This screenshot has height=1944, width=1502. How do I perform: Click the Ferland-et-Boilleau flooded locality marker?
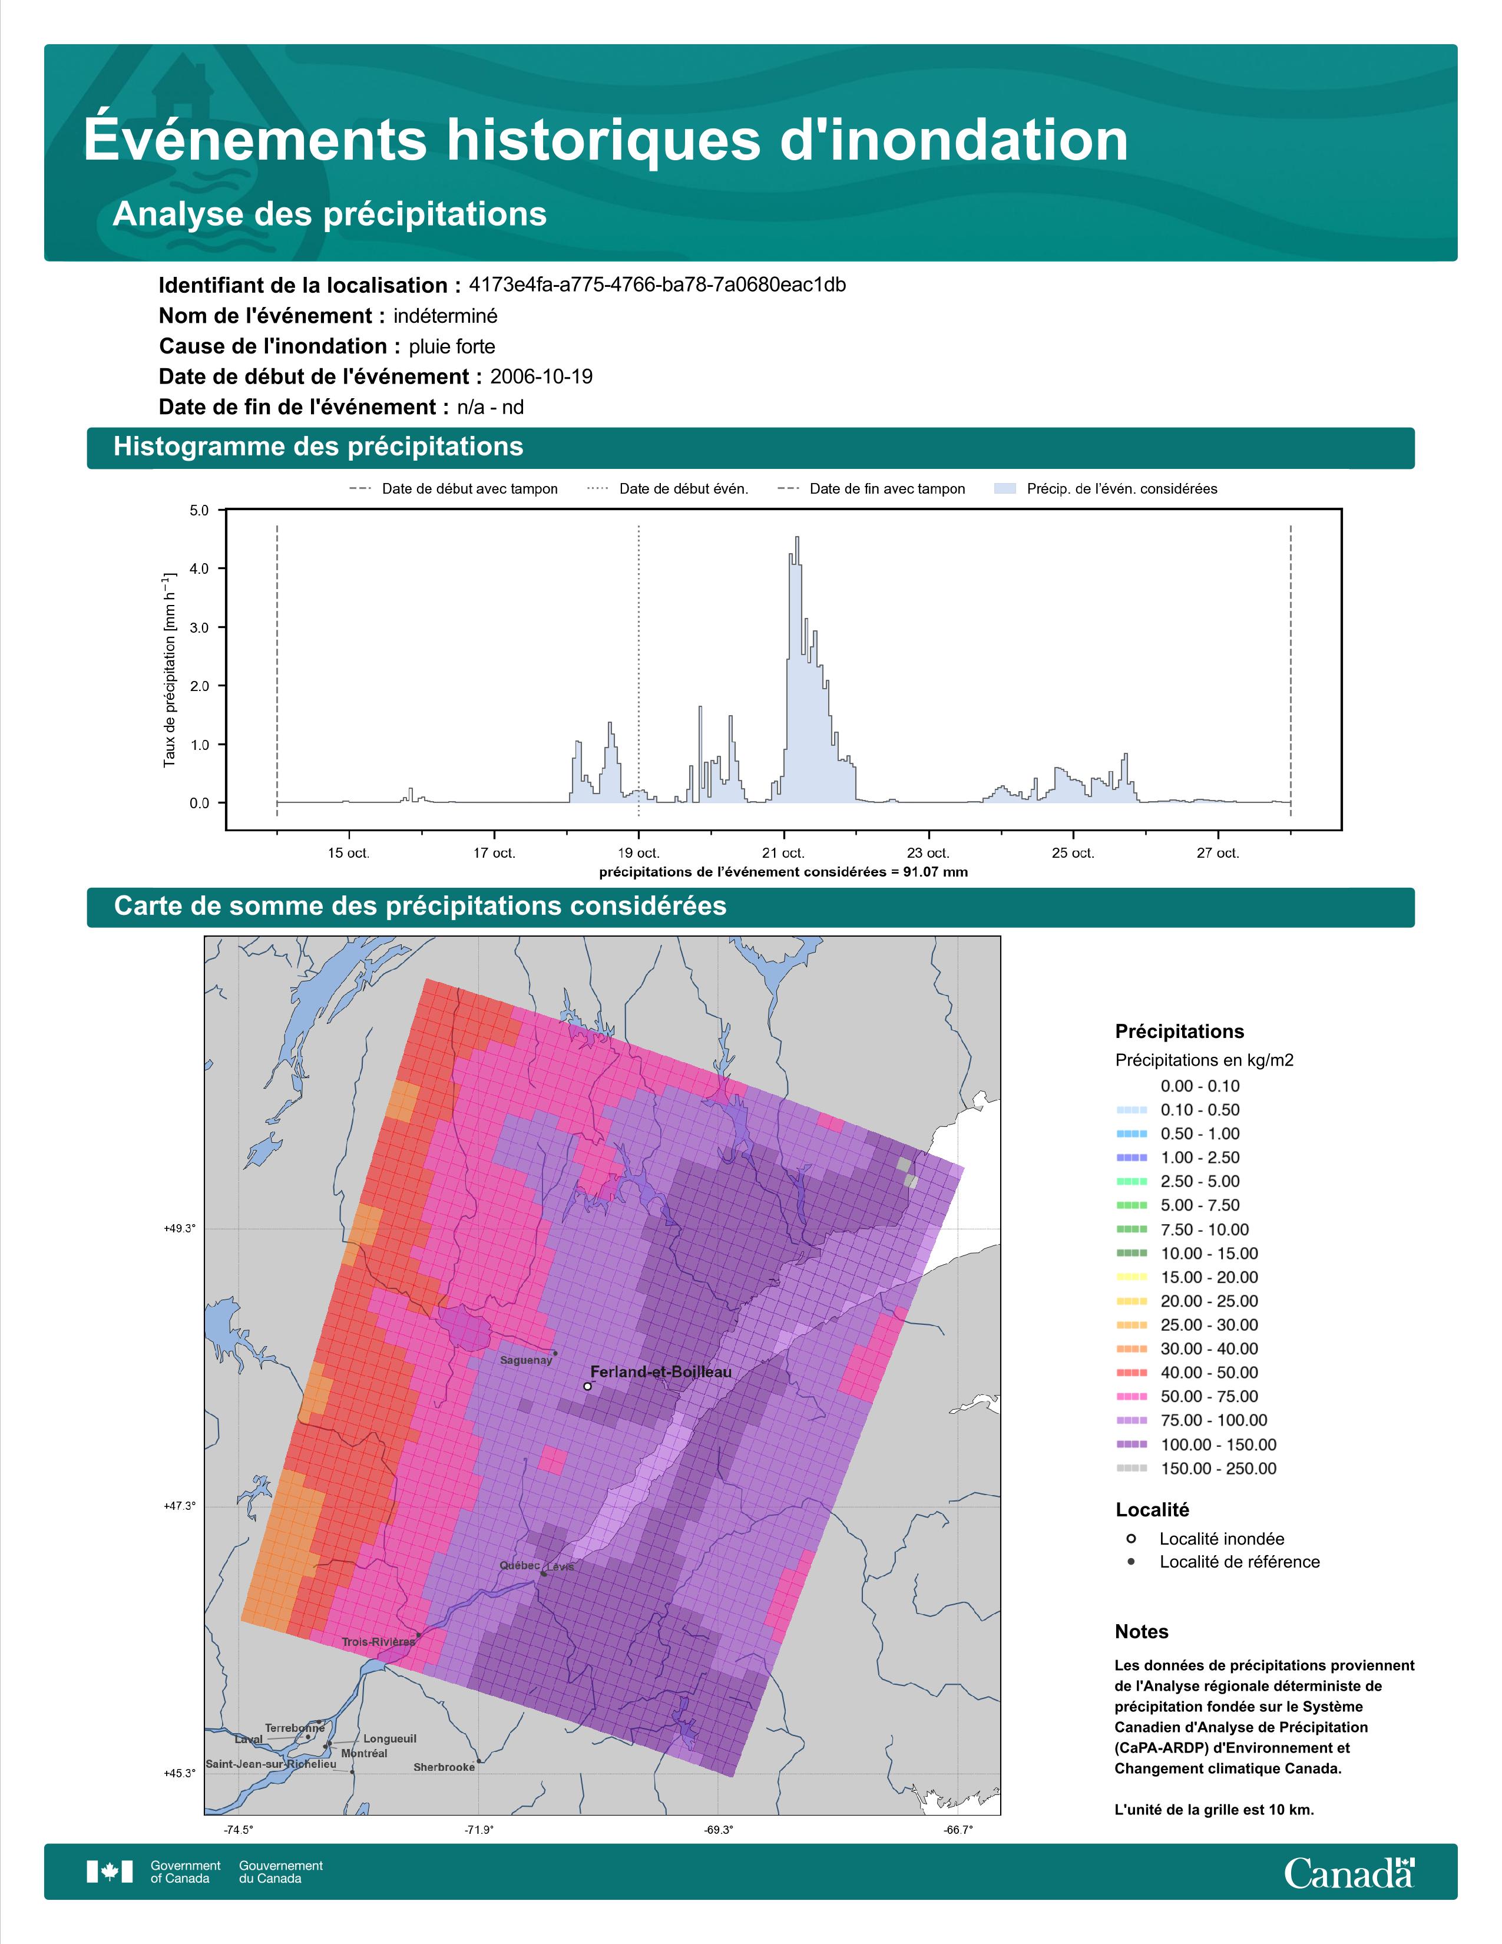(x=587, y=1386)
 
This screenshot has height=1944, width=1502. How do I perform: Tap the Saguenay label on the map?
(x=526, y=1360)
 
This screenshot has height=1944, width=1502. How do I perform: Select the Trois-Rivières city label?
(x=378, y=1641)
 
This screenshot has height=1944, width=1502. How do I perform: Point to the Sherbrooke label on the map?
(x=444, y=1767)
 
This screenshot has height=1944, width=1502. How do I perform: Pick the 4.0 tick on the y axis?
(x=198, y=569)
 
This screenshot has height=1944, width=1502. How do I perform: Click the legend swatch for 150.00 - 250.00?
(x=1131, y=1469)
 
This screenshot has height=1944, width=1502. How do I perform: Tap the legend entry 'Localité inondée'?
(x=1222, y=1539)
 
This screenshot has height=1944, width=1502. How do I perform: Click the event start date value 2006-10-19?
(x=541, y=376)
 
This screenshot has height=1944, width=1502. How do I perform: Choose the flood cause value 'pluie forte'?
(x=452, y=346)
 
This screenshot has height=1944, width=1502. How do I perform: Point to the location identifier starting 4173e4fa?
(x=657, y=285)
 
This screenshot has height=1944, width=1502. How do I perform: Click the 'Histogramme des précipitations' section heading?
(x=319, y=447)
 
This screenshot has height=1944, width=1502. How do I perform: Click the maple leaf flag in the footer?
(x=110, y=1872)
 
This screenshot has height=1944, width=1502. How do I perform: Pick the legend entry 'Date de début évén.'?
(x=669, y=489)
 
